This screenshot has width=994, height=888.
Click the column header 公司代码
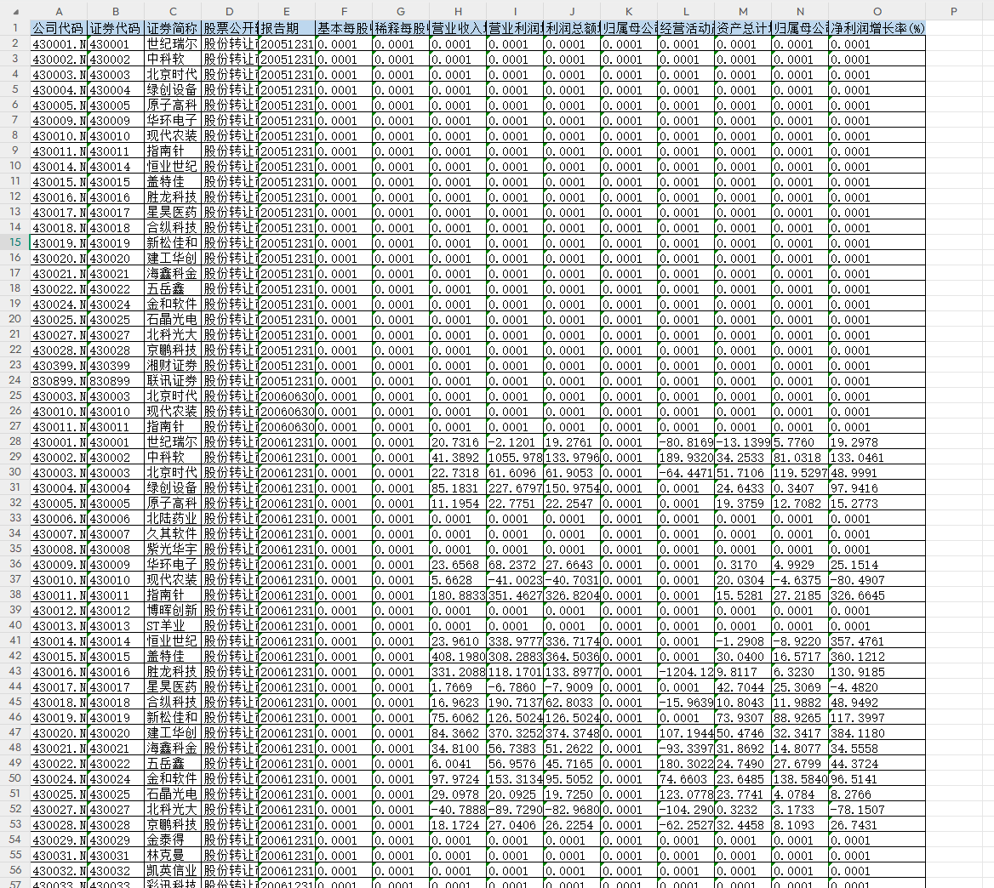click(58, 28)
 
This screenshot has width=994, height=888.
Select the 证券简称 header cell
click(172, 28)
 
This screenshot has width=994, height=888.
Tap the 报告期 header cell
click(286, 28)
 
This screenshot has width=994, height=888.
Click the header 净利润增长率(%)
click(877, 28)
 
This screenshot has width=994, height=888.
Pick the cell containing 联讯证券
click(172, 381)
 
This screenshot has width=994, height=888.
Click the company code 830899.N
click(59, 381)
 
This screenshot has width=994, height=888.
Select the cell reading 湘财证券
click(172, 366)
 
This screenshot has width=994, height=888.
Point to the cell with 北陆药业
click(172, 519)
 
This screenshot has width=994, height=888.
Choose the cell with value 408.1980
click(458, 657)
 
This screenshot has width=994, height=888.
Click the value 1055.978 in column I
click(515, 458)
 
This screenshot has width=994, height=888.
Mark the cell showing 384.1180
click(857, 733)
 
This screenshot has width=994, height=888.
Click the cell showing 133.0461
click(857, 458)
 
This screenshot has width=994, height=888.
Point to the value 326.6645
click(857, 595)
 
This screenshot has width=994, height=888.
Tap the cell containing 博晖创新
click(172, 611)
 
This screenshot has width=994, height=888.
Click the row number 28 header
click(14, 442)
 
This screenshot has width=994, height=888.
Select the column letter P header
click(953, 11)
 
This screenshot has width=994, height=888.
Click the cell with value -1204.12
click(685, 672)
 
